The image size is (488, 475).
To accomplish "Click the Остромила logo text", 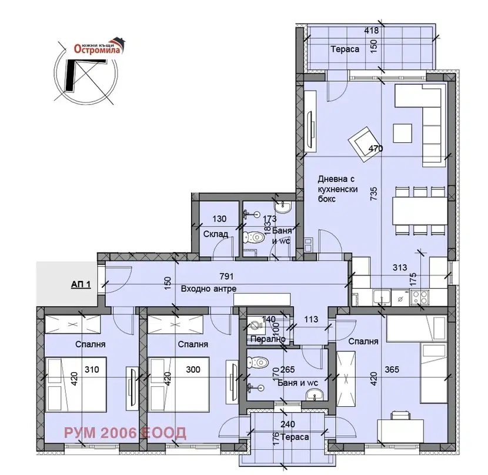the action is [97, 49].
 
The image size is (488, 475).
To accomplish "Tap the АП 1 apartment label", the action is [81, 284].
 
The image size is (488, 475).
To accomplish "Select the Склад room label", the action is [216, 234].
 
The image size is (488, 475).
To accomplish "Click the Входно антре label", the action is [209, 289].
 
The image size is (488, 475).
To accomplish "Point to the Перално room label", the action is [268, 339].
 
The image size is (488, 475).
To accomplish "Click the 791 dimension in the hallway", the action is [226, 276].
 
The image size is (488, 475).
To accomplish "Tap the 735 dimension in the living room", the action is [374, 193].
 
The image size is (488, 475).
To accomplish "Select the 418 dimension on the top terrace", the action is [372, 30].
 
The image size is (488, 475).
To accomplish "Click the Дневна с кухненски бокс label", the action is [337, 189].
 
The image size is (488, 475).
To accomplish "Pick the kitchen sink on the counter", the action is [382, 297].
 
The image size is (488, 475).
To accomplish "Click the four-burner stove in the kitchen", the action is [420, 297].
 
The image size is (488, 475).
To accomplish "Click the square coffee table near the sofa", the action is [403, 133].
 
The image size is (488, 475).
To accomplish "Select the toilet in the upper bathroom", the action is [254, 237].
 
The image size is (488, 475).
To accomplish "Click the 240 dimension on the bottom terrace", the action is [288, 424].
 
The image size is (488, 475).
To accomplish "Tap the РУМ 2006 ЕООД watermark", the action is [125, 433].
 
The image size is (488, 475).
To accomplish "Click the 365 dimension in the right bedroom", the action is [392, 370].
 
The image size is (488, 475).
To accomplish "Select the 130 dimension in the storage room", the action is [219, 219].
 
